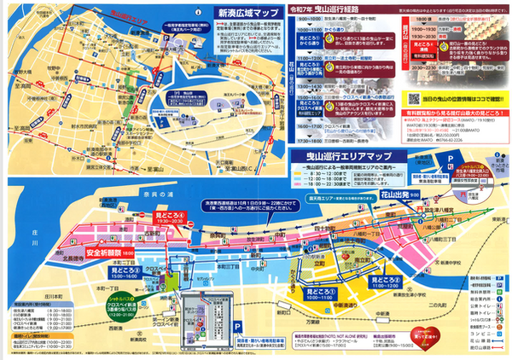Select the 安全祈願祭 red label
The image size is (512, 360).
(108, 254)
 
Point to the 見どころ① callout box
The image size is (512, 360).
(385, 279)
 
